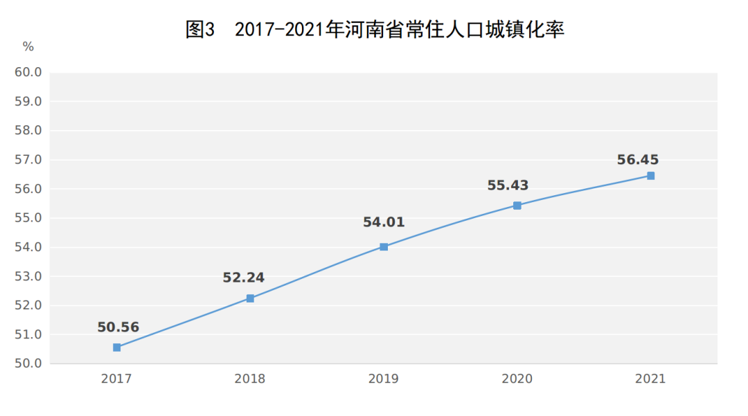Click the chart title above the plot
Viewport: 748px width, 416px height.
(x=375, y=30)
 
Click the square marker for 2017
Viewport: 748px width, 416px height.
(x=117, y=347)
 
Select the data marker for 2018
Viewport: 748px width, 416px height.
(x=250, y=298)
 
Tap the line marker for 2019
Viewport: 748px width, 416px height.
(x=384, y=246)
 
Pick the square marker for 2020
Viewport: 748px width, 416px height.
(x=517, y=206)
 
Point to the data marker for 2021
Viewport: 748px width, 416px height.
(x=651, y=176)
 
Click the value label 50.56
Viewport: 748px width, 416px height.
(x=118, y=327)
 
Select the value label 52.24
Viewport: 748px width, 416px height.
(x=243, y=278)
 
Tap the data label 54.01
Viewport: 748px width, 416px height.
(x=384, y=223)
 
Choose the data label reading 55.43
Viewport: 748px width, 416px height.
(x=508, y=186)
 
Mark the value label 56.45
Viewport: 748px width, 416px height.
(x=638, y=160)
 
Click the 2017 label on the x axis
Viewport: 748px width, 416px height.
(x=116, y=379)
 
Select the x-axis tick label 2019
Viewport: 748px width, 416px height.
(x=384, y=379)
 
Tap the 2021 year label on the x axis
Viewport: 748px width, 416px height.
(x=650, y=379)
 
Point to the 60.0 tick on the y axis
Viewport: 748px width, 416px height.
(x=28, y=73)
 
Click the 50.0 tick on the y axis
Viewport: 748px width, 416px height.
(x=28, y=363)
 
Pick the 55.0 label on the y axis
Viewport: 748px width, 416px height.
(x=28, y=218)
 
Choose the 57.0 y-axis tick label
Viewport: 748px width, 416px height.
(x=28, y=160)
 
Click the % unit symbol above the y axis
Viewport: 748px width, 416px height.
(x=28, y=47)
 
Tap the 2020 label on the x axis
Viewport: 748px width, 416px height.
(x=517, y=379)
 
